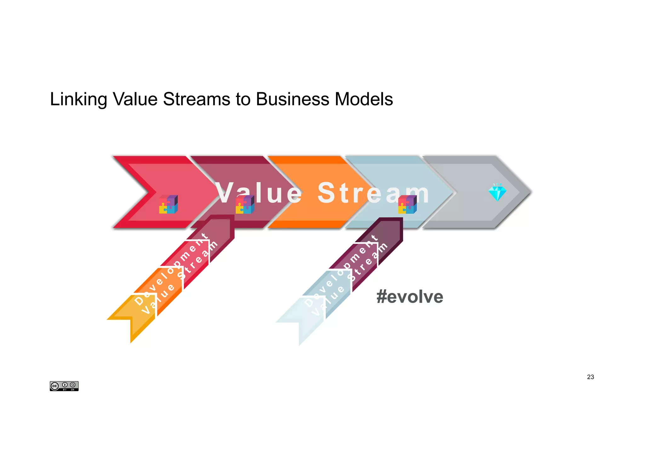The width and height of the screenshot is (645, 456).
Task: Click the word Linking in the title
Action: click(x=78, y=100)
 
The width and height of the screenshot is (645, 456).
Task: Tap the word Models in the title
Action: click(x=364, y=100)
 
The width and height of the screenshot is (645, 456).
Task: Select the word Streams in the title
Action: click(x=197, y=100)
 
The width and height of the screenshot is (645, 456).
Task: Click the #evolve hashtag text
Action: click(x=410, y=297)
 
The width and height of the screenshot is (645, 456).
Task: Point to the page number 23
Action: click(x=591, y=377)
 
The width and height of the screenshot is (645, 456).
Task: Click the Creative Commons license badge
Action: click(x=64, y=386)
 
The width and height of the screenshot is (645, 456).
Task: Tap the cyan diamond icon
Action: click(x=497, y=192)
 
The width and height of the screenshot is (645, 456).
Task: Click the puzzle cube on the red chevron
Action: click(x=168, y=204)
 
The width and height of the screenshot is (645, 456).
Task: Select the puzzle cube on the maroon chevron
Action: click(x=245, y=204)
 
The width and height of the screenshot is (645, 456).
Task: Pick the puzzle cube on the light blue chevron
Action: click(x=407, y=204)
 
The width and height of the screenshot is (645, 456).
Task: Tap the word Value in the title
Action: click(x=135, y=100)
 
